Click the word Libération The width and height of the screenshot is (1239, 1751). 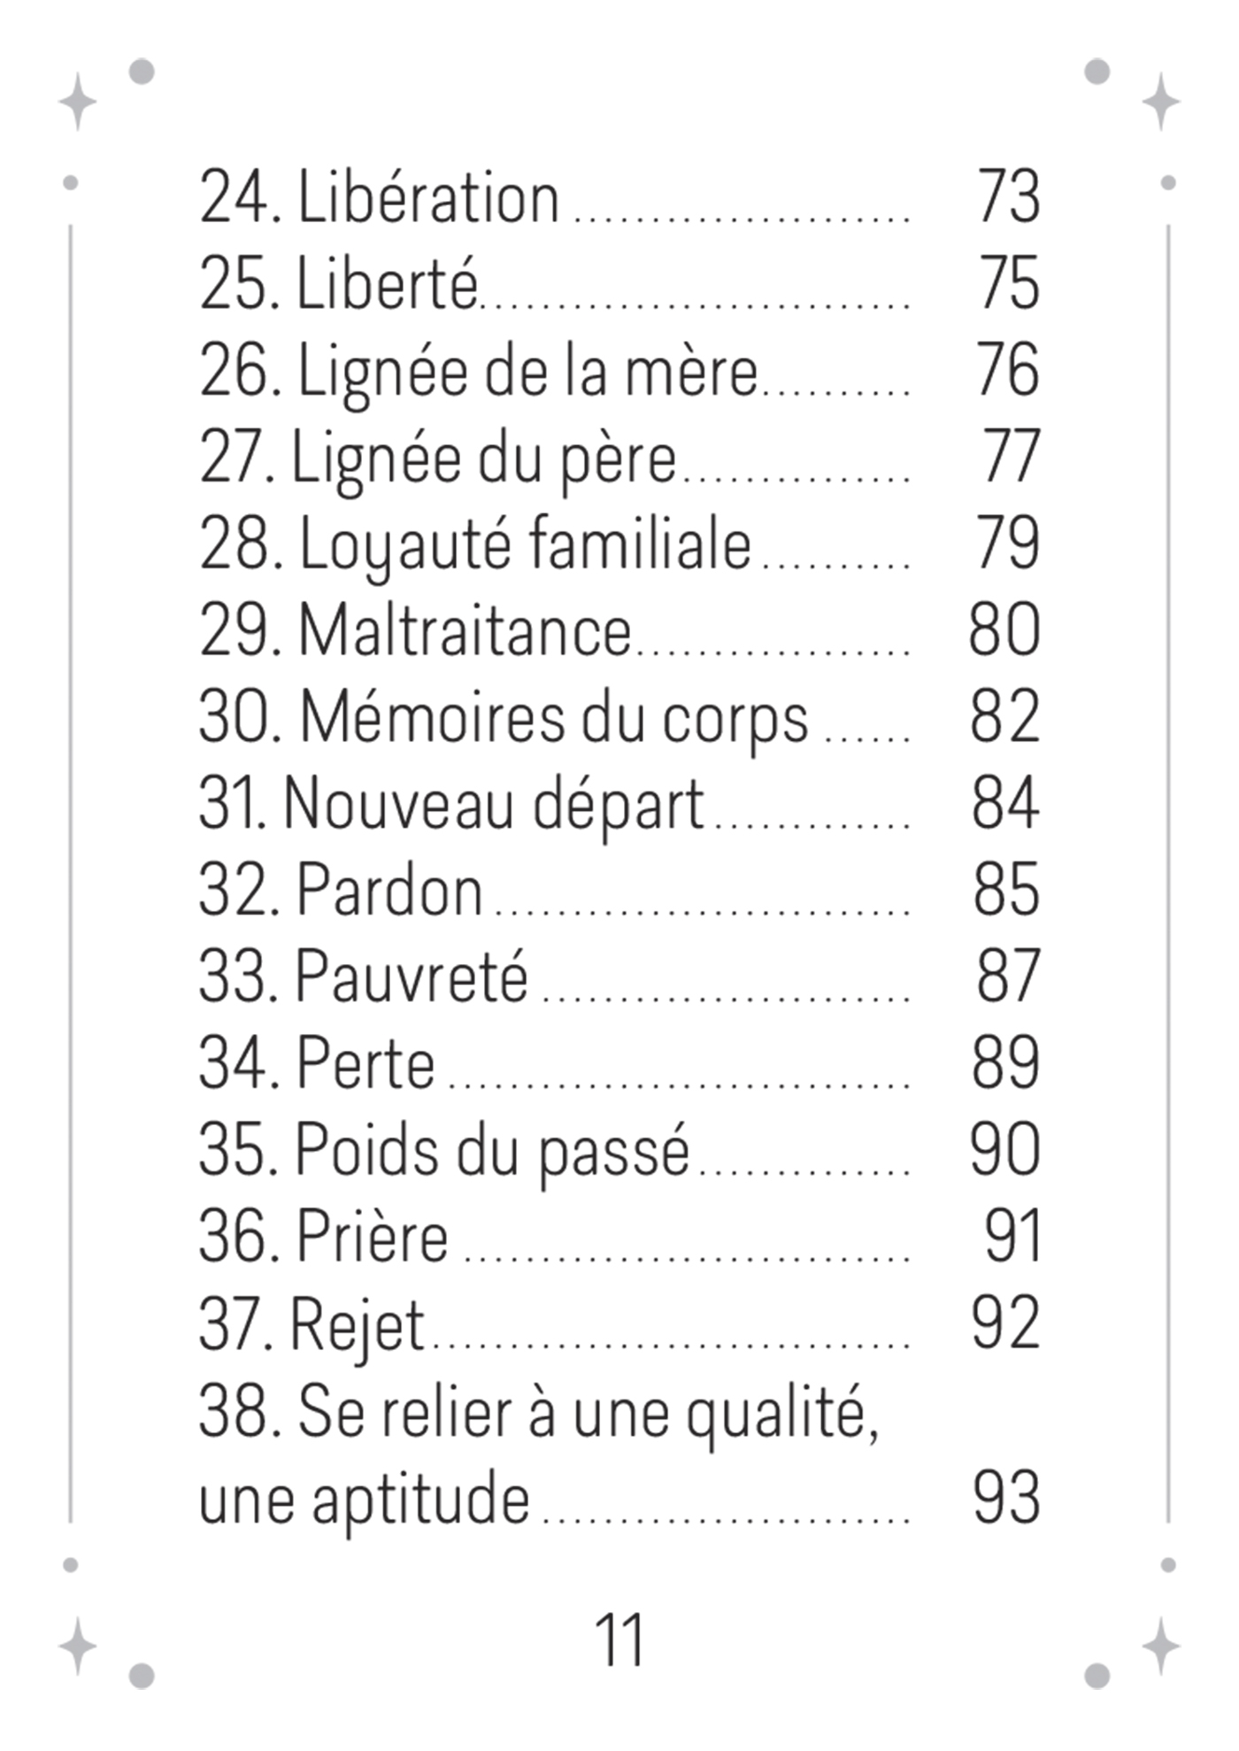click(x=428, y=197)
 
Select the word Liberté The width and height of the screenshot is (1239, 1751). click(x=387, y=284)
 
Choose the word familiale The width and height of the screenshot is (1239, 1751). click(x=640, y=544)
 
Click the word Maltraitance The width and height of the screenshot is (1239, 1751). click(x=465, y=631)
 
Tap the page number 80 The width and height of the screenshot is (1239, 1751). click(x=1004, y=630)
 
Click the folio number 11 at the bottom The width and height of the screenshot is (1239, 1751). click(x=619, y=1639)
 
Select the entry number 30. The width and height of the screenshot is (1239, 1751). click(x=237, y=717)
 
